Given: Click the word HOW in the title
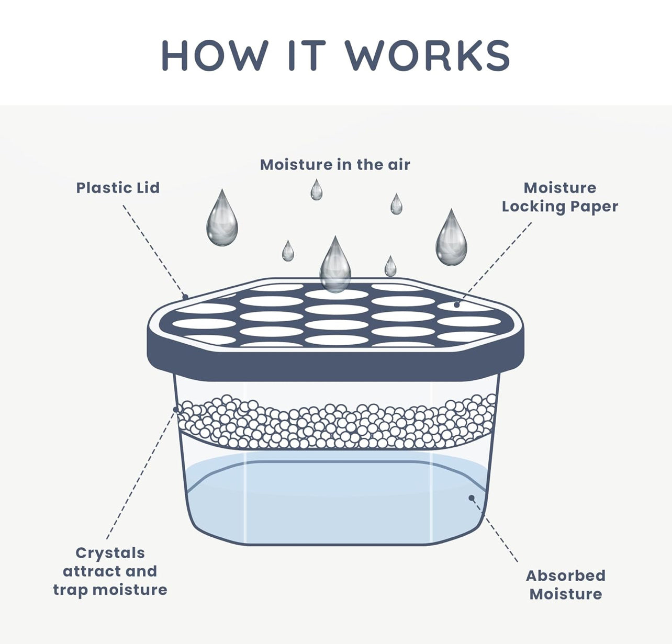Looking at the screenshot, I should coord(215,55).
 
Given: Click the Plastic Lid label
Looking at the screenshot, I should coord(118,188).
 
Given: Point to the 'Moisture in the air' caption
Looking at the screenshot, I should coord(335,165).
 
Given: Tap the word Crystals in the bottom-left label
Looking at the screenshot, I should coord(110,553).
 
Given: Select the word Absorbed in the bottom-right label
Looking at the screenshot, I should coord(565,576).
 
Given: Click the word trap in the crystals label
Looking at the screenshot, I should coord(71,590).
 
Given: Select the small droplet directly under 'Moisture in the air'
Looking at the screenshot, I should coord(316,191).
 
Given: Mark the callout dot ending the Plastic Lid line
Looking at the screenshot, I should coord(185,297).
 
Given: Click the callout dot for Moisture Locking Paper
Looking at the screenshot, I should coord(456,304).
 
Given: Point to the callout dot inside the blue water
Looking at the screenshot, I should coord(471,498).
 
